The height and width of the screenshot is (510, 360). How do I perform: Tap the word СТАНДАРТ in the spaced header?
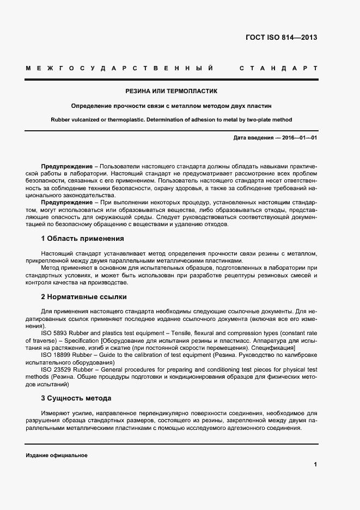(x=278, y=69)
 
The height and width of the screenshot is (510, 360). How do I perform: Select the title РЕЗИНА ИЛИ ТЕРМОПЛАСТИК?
(x=172, y=91)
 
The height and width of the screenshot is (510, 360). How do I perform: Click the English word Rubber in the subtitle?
(x=62, y=119)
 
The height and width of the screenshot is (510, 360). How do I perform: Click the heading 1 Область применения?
(x=83, y=238)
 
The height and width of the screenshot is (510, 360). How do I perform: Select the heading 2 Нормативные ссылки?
(x=84, y=297)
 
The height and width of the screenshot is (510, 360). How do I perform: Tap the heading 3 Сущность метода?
(x=76, y=398)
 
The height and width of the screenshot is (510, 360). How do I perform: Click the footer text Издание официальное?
(x=57, y=456)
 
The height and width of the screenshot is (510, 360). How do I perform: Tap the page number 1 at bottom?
(x=315, y=465)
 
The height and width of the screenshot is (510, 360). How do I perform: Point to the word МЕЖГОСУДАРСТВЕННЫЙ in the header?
(x=118, y=69)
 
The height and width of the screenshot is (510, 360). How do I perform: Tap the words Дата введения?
(x=253, y=138)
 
